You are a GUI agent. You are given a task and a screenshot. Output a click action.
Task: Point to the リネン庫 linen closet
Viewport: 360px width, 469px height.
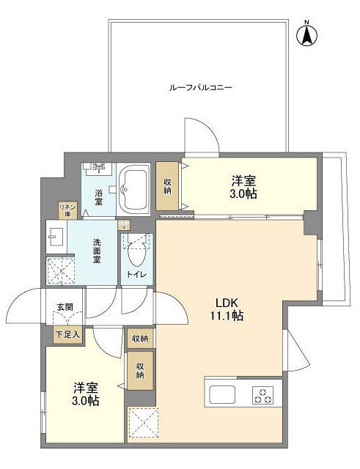point(67,210)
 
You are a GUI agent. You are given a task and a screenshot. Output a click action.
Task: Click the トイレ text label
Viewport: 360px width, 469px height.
point(137,275)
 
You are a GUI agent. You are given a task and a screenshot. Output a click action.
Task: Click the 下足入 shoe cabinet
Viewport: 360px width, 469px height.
point(67,334)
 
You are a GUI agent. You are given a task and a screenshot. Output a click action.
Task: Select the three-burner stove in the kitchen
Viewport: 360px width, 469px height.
point(262,394)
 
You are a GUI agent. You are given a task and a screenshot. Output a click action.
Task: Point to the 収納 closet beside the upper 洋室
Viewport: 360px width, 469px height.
point(167,186)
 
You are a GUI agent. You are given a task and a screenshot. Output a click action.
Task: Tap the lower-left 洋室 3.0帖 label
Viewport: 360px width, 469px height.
point(86,394)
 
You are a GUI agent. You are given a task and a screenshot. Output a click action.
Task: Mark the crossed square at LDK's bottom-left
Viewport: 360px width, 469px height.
point(141,422)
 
